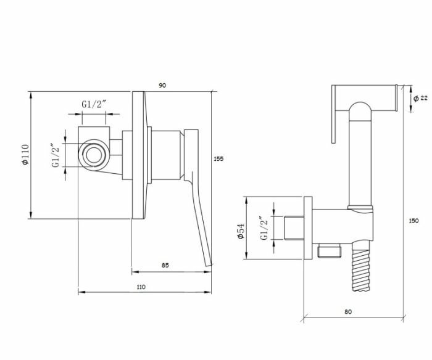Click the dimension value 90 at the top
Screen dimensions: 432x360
coord(162,85)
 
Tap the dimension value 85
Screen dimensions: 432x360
coord(165,265)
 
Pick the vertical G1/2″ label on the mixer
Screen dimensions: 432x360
coord(56,155)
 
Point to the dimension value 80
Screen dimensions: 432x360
coord(349,312)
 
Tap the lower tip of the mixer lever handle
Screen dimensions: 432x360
coord(209,264)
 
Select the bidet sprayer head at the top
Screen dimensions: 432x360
coord(364,97)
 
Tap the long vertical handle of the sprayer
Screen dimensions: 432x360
coord(362,160)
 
